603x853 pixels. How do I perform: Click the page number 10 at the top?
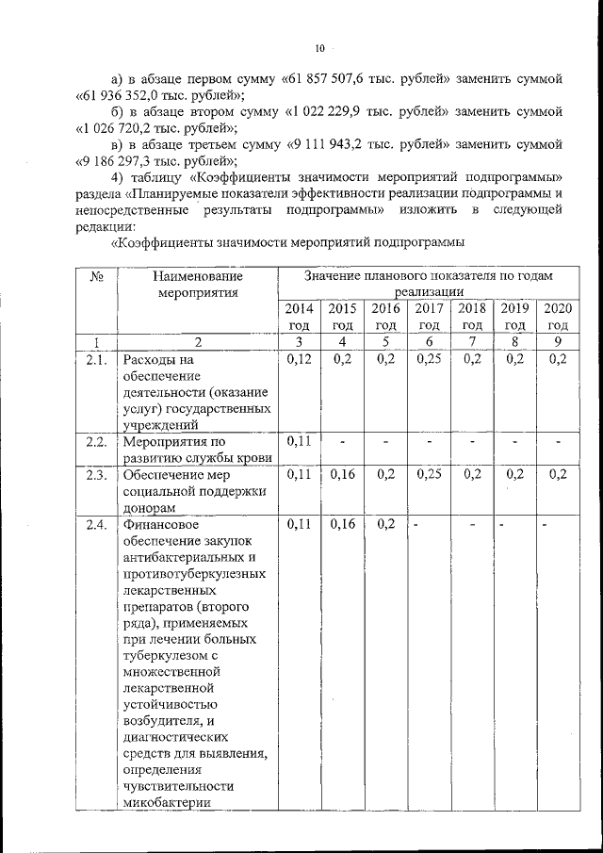coord(319,48)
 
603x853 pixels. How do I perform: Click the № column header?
coord(95,276)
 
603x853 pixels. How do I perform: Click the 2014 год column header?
coord(299,316)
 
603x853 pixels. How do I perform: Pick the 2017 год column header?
coord(429,316)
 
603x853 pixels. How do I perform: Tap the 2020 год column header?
coord(558,316)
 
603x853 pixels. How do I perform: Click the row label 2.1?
coord(95,359)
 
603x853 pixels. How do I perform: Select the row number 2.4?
coord(95,525)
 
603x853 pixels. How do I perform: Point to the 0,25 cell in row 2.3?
coord(429,474)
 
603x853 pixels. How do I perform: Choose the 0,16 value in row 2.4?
coord(342,525)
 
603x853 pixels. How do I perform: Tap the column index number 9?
coord(558,341)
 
